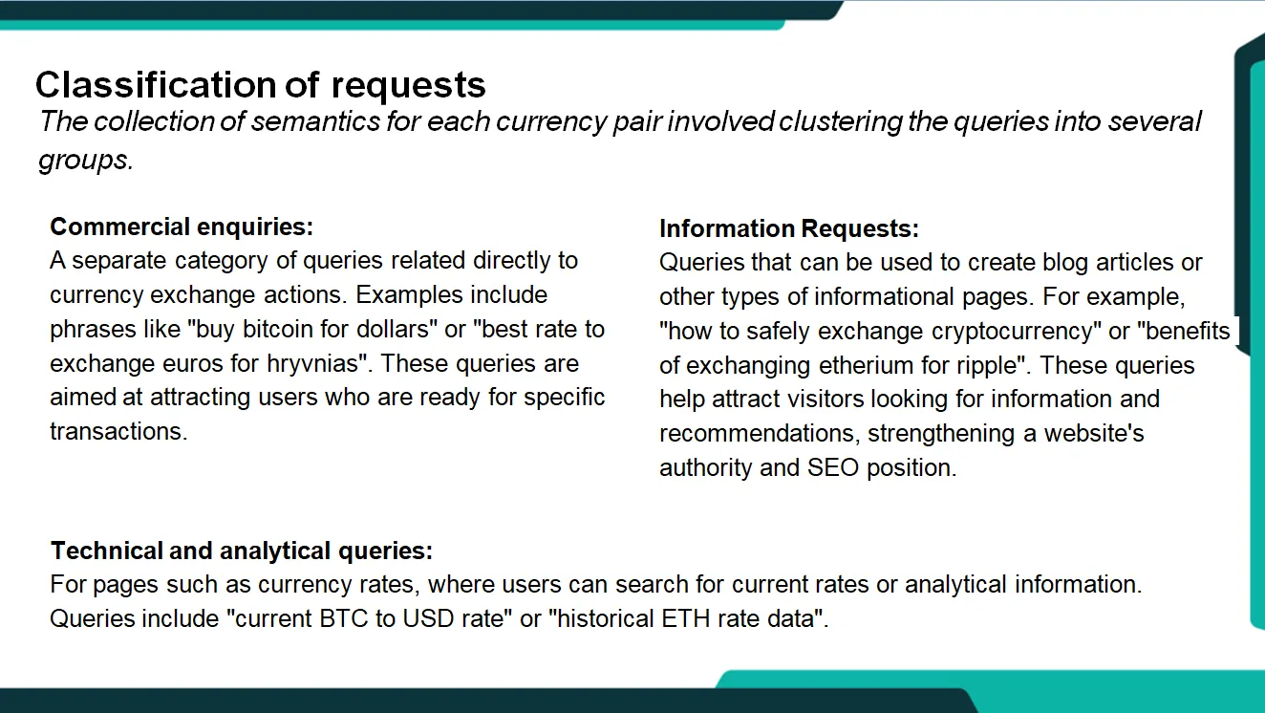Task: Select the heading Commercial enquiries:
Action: click(x=182, y=227)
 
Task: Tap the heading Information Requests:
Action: click(x=789, y=229)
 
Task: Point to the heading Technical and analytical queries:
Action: click(x=242, y=551)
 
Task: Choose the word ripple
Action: click(x=983, y=365)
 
